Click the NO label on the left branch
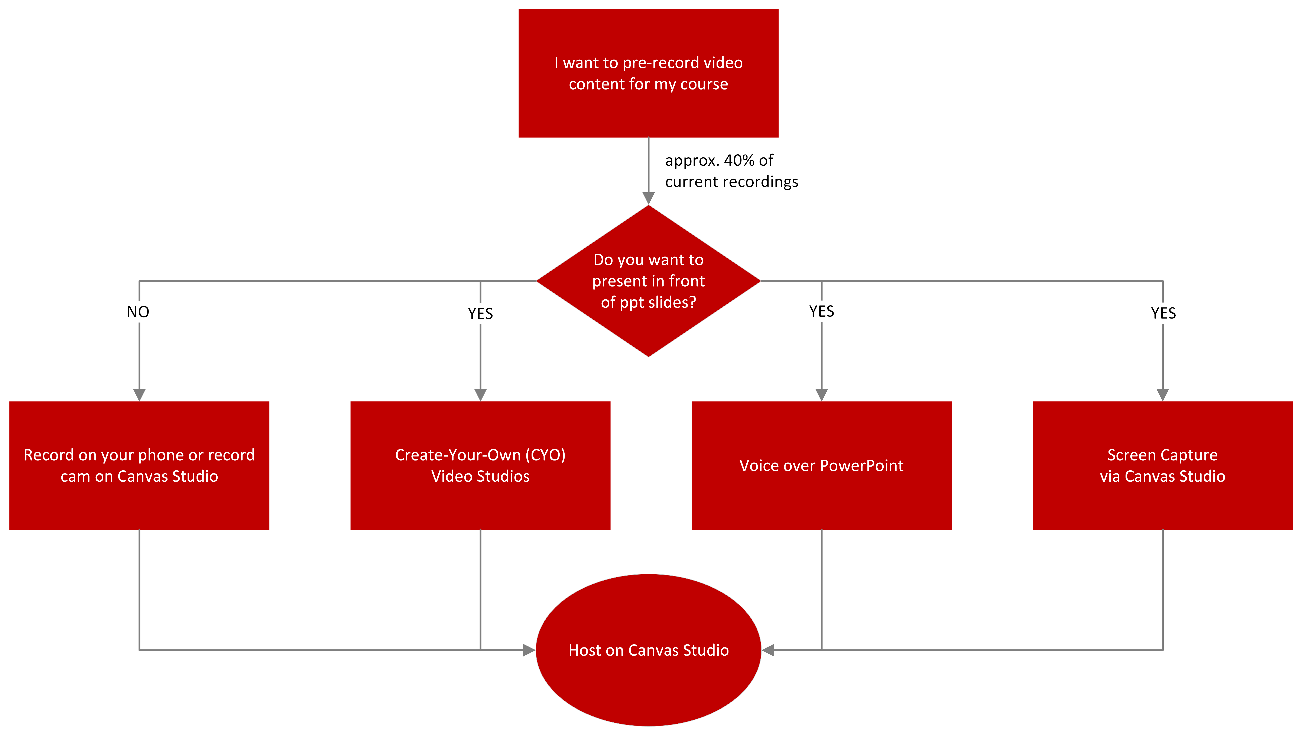tap(138, 312)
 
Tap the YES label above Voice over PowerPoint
tap(821, 311)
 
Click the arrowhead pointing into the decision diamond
tap(649, 198)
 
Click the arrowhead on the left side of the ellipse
tap(529, 650)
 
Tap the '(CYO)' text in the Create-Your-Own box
tap(545, 455)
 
